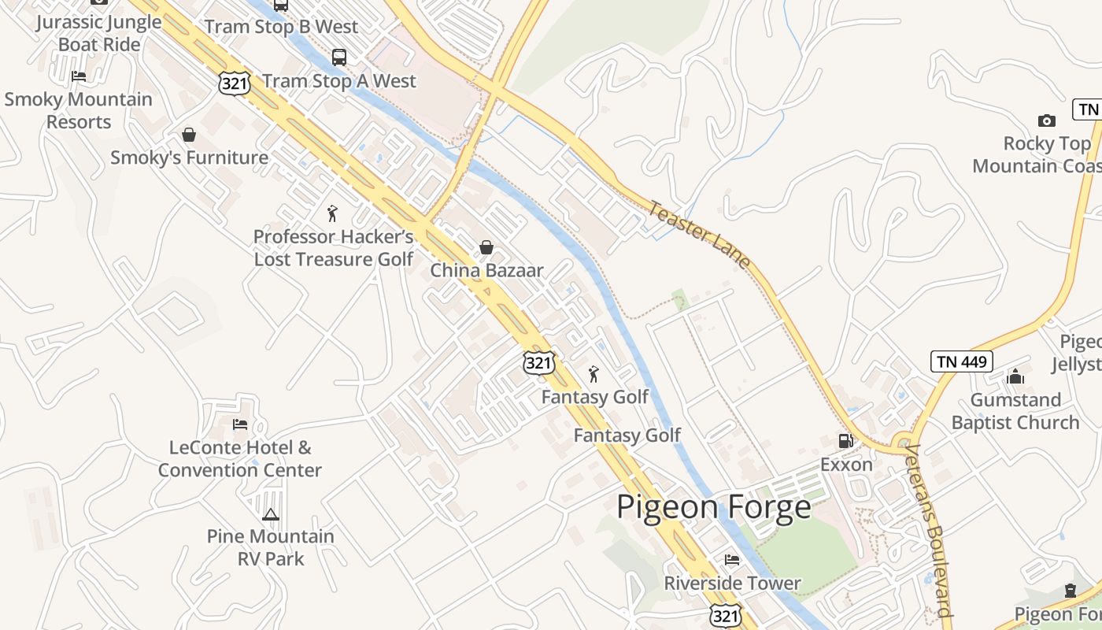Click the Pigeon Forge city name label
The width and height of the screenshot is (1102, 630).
click(713, 506)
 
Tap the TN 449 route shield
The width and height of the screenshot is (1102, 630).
click(961, 361)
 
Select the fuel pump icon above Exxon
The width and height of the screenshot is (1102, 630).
click(846, 441)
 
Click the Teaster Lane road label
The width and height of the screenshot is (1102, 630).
click(699, 235)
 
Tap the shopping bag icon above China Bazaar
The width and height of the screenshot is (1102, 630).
click(486, 247)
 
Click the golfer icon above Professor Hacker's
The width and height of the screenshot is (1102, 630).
click(332, 213)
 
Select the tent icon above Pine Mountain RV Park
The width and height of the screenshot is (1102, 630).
click(270, 514)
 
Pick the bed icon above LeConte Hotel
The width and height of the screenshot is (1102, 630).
click(240, 424)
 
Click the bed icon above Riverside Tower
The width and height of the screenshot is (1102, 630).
click(732, 560)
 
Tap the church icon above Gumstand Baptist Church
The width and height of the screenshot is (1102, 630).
click(1015, 376)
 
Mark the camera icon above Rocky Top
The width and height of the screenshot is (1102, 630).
click(1046, 120)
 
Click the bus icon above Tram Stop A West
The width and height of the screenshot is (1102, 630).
click(338, 57)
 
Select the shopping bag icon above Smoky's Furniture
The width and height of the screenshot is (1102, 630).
click(189, 135)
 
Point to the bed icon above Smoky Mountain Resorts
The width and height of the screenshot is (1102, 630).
click(78, 76)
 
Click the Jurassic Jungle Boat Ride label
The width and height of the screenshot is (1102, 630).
click(99, 33)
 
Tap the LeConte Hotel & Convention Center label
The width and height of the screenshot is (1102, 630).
click(240, 459)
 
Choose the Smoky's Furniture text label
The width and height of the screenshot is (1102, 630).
click(189, 157)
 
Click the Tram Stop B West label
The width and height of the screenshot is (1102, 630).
click(281, 26)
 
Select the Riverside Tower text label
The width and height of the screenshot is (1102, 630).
click(732, 584)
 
